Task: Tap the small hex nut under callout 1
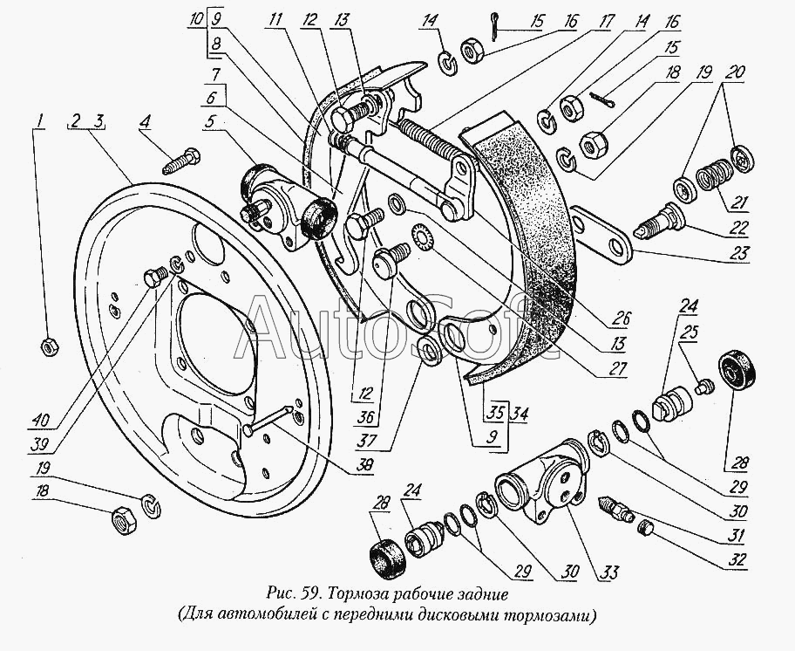coord(50,347)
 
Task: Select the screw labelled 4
coord(181,160)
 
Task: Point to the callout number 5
coord(209,122)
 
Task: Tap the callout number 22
coord(738,228)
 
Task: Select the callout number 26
coord(621,319)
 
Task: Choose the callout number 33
coord(609,572)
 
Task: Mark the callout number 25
coord(689,332)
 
